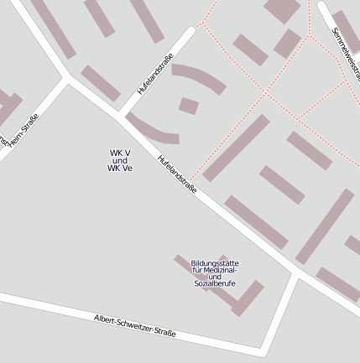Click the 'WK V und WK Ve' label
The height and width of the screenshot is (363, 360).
tap(119, 160)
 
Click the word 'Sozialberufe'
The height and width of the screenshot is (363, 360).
tap(215, 283)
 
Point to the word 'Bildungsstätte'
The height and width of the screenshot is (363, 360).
tap(215, 262)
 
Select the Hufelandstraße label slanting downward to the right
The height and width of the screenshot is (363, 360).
tap(177, 175)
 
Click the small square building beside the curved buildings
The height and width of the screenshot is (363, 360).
tap(189, 106)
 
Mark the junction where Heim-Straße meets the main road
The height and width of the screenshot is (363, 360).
tap(67, 78)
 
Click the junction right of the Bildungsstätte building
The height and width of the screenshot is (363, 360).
tap(296, 272)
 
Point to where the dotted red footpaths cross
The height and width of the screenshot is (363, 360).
tap(266, 94)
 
